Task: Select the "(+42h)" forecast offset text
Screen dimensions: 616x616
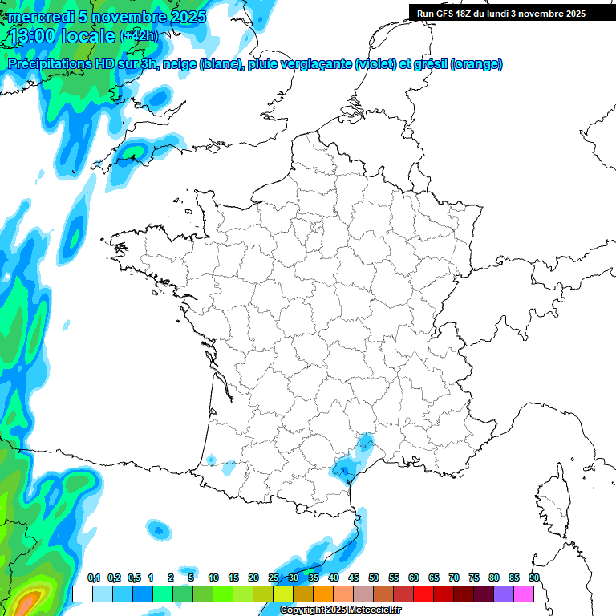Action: point(138,36)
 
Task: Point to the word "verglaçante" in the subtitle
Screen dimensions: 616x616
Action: point(318,64)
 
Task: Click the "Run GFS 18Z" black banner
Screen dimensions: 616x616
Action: point(500,14)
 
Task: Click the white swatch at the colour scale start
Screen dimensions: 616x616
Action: point(82,594)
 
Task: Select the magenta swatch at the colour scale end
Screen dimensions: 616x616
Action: point(523,594)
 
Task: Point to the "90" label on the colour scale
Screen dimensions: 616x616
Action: point(534,577)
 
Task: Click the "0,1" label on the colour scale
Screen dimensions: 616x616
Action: point(94,577)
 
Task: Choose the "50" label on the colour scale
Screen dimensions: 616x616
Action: point(374,577)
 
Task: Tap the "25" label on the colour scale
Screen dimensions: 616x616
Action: point(274,577)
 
